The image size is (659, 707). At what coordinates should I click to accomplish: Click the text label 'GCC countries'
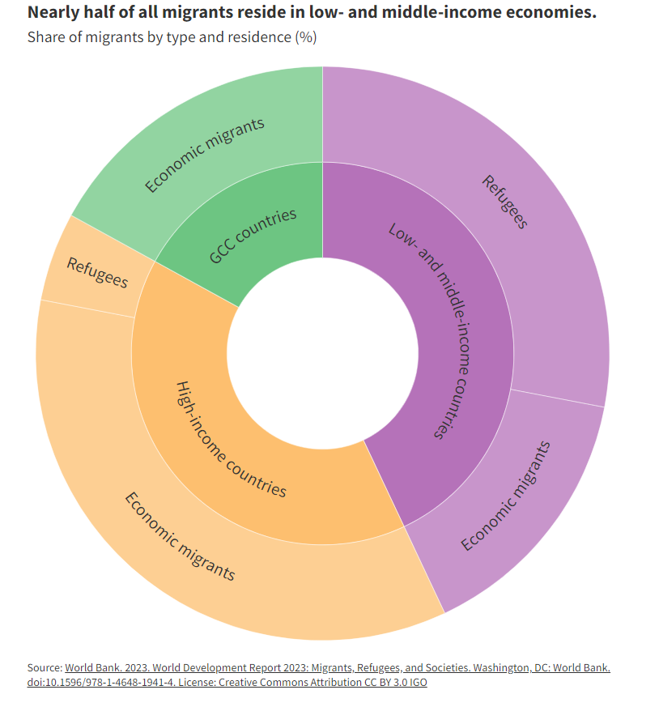253,236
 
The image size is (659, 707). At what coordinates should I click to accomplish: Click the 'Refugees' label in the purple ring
505,202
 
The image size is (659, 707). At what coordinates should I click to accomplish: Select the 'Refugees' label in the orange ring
97,272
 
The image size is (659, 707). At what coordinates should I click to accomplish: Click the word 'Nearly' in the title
53,14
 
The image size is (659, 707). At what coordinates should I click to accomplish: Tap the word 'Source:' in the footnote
45,667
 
